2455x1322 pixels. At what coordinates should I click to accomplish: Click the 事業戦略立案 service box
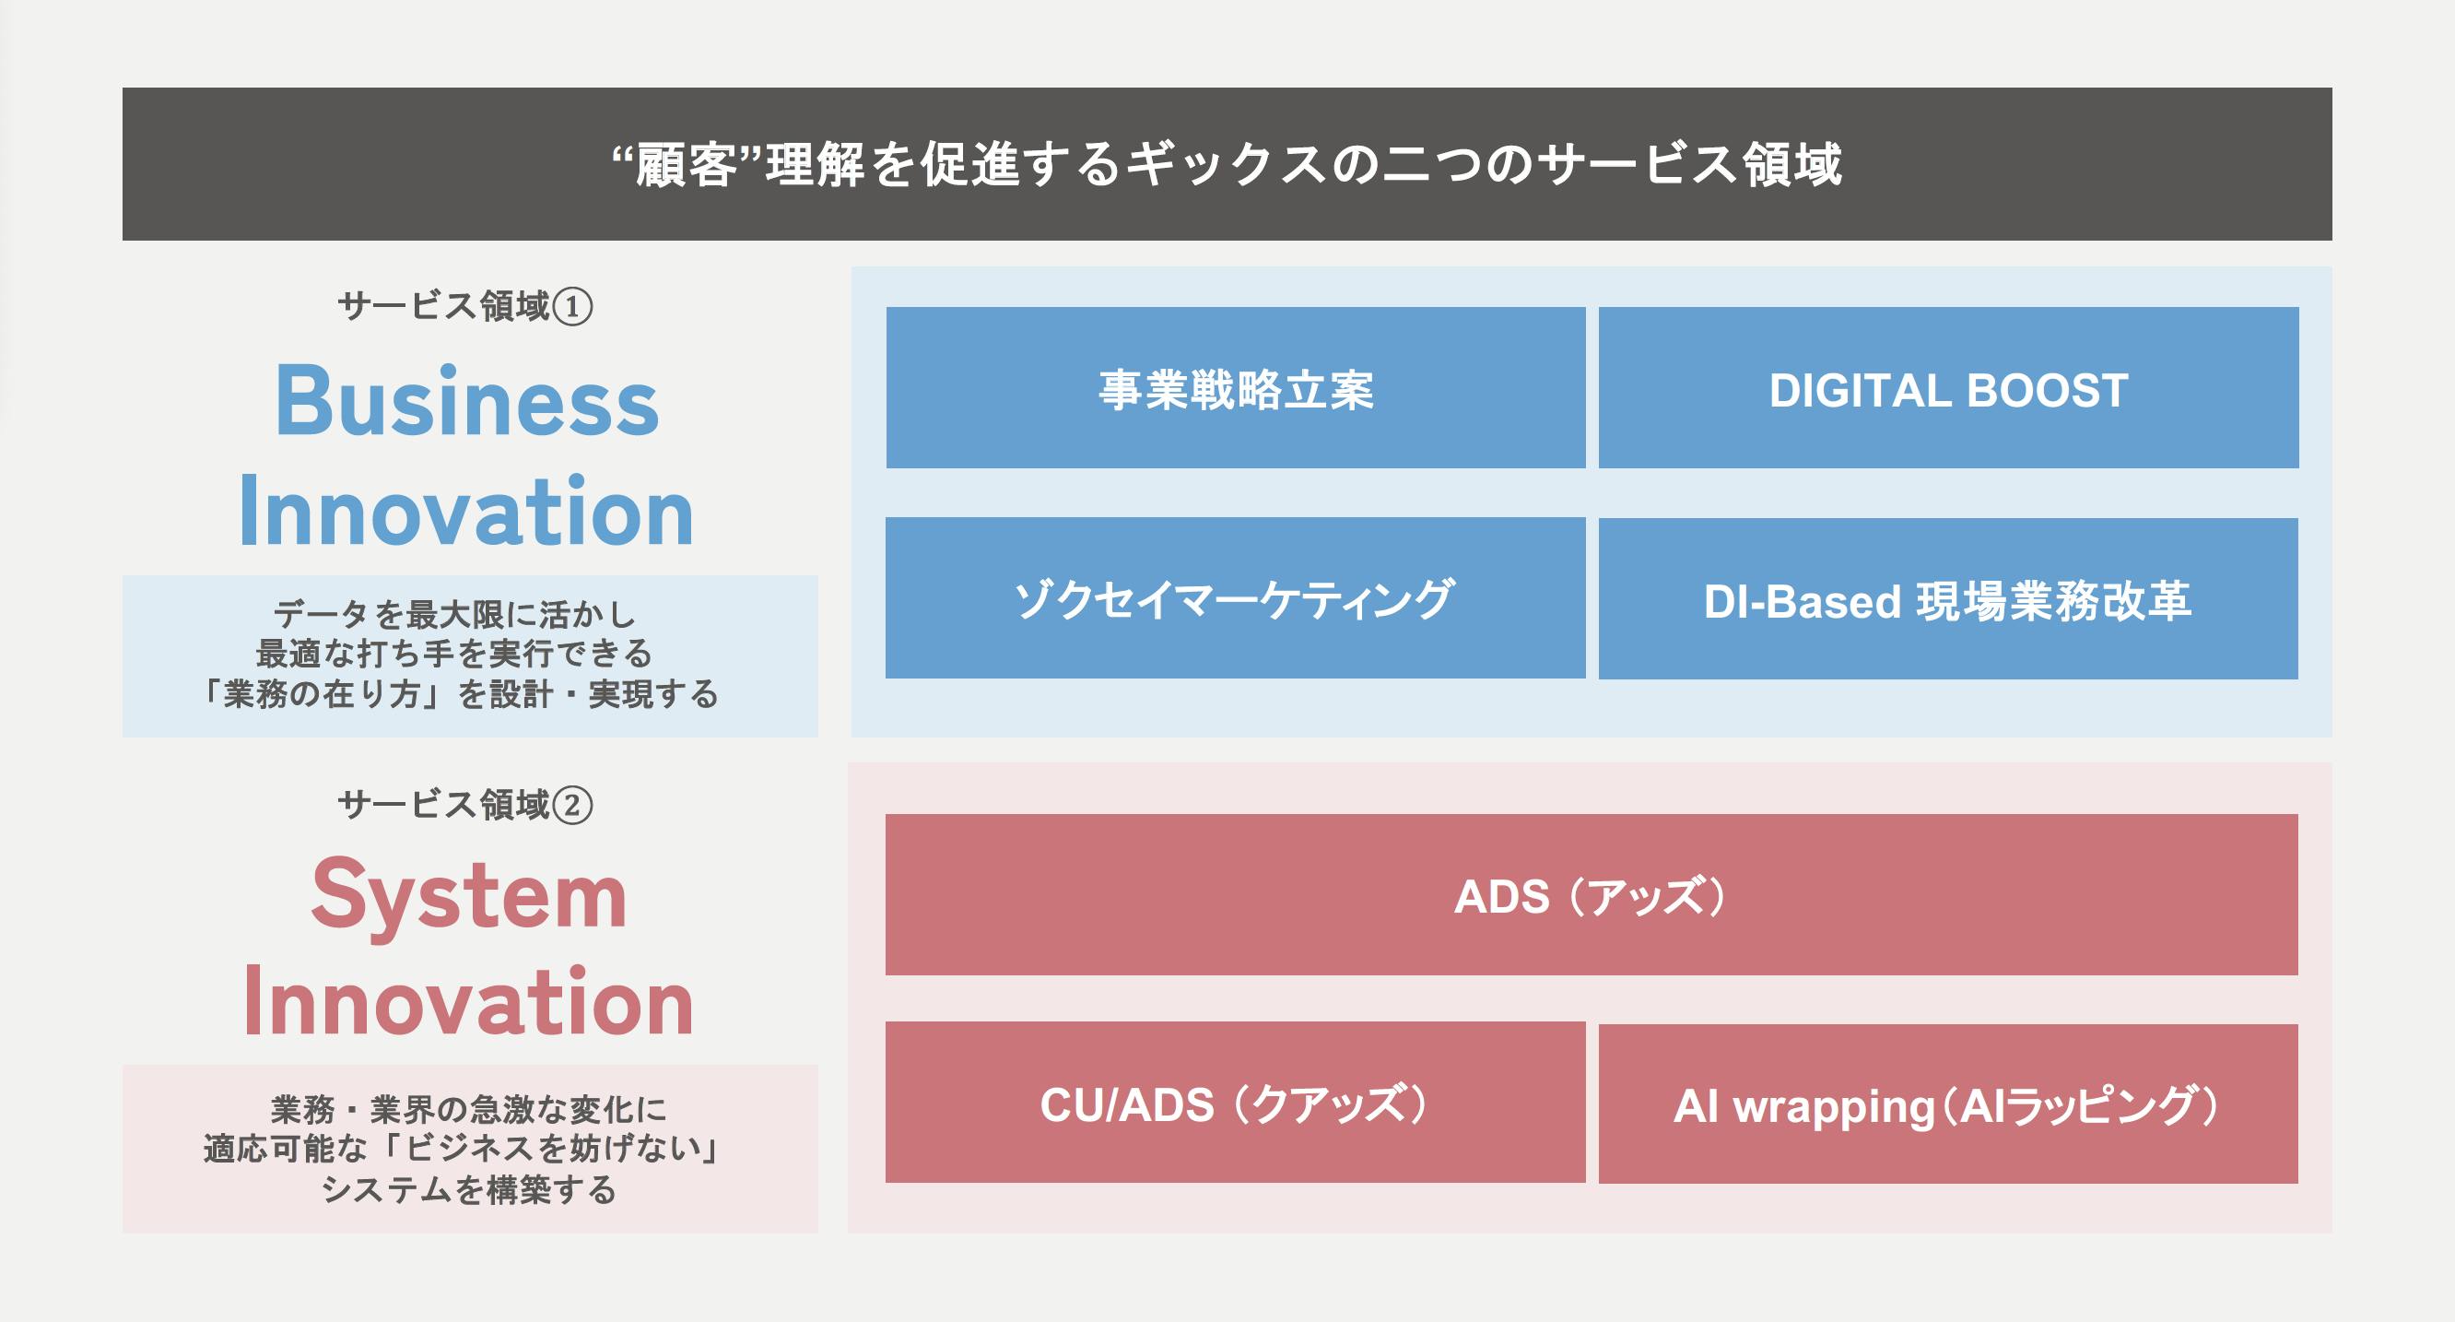pyautogui.click(x=1235, y=387)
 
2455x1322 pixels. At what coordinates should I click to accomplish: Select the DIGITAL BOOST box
pyautogui.click(x=1948, y=387)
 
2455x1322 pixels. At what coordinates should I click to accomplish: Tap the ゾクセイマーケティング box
pyautogui.click(x=1235, y=597)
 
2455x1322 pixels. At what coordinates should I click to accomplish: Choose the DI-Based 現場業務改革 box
pyautogui.click(x=1948, y=598)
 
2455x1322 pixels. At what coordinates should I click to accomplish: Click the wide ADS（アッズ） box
pyautogui.click(x=1592, y=894)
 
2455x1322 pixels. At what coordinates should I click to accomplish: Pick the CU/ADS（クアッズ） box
pyautogui.click(x=1235, y=1102)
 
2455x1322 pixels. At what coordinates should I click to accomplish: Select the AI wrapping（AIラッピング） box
pyautogui.click(x=1948, y=1104)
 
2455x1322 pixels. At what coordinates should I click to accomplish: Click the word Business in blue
pyautogui.click(x=467, y=401)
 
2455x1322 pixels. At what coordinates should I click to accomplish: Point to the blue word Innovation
pyautogui.click(x=466, y=511)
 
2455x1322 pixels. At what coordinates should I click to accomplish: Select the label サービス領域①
pyautogui.click(x=465, y=307)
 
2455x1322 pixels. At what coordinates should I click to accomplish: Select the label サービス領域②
pyautogui.click(x=465, y=806)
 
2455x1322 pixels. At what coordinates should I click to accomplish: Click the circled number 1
pyautogui.click(x=574, y=308)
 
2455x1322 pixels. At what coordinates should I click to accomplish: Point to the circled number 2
pyautogui.click(x=574, y=807)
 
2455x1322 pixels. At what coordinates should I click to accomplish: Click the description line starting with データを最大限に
pyautogui.click(x=454, y=615)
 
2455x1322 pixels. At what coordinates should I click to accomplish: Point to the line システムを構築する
pyautogui.click(x=469, y=1189)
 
